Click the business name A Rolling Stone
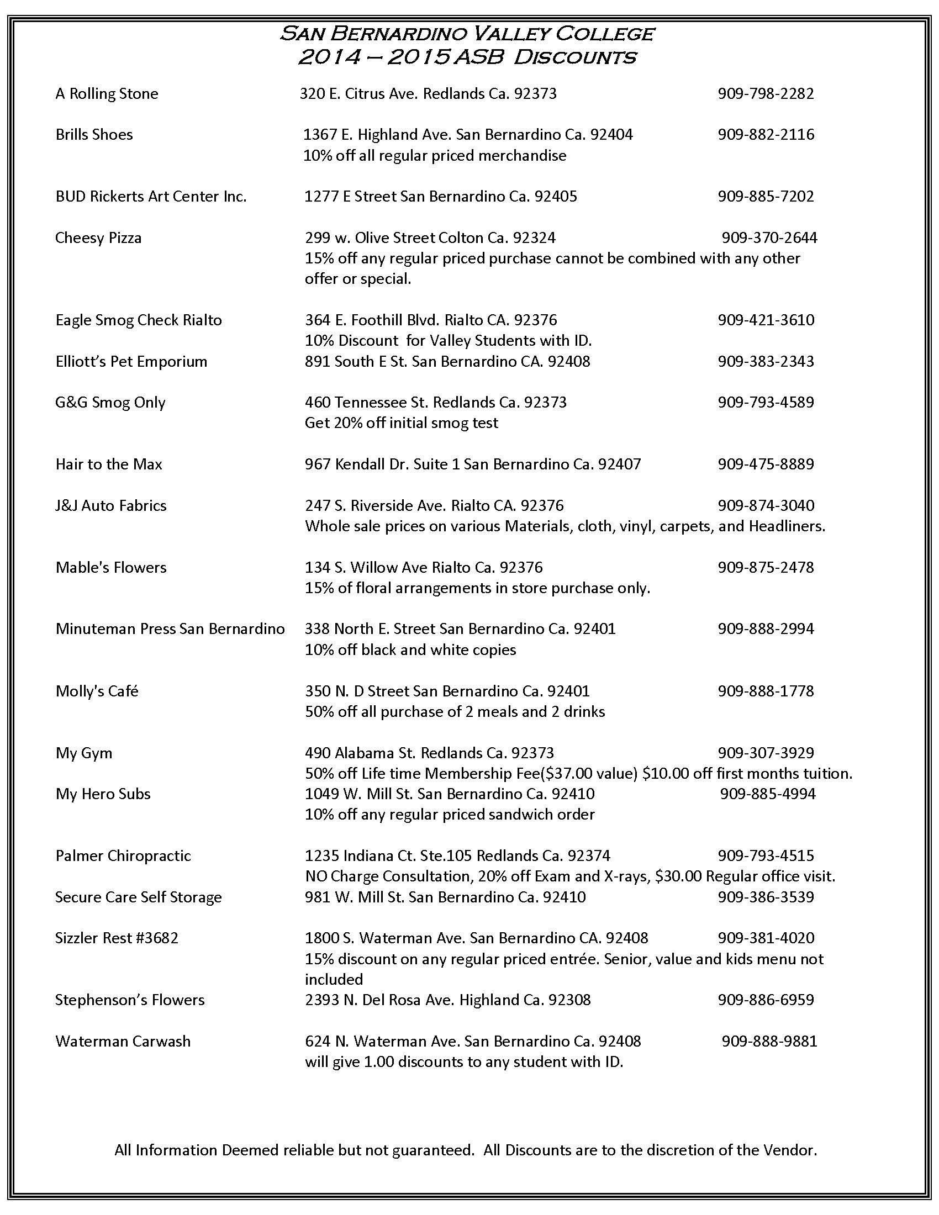(x=107, y=93)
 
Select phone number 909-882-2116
(x=766, y=135)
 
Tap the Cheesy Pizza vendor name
(x=98, y=238)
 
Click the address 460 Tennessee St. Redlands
(x=436, y=402)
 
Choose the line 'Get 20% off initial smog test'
(x=401, y=423)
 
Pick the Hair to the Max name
(x=109, y=464)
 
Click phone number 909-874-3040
(x=766, y=505)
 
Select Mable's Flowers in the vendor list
(x=111, y=567)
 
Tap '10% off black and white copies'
(x=410, y=650)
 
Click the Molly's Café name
(x=97, y=691)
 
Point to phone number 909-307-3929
(x=766, y=753)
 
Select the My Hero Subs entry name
(x=103, y=794)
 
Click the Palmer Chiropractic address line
(x=457, y=855)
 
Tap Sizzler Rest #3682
(x=117, y=938)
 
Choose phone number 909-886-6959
(x=766, y=1000)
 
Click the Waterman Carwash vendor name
(x=123, y=1041)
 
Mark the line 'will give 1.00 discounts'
(x=464, y=1061)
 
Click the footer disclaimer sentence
(x=466, y=1150)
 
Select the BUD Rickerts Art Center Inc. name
(x=151, y=197)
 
